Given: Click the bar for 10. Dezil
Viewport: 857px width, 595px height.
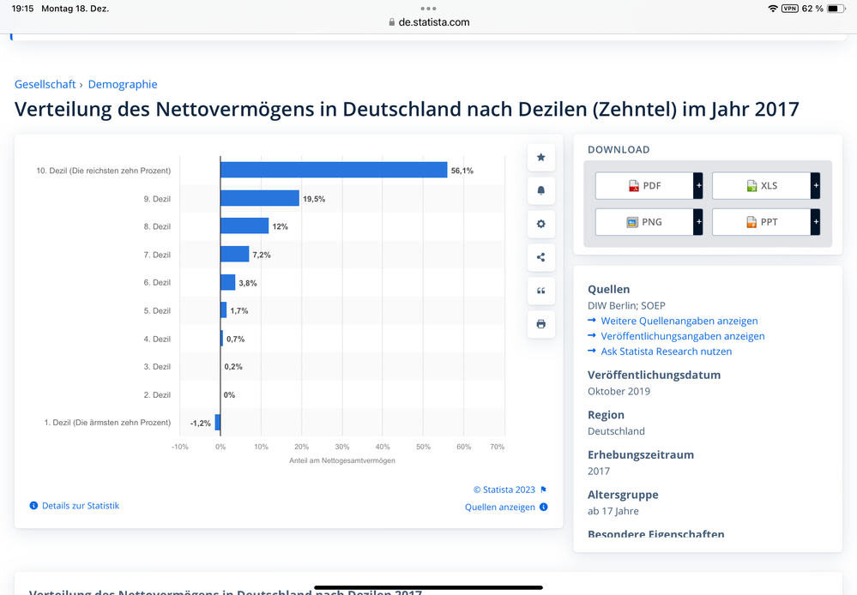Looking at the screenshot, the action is pos(334,170).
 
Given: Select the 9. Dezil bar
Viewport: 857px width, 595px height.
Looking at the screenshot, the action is pos(260,198).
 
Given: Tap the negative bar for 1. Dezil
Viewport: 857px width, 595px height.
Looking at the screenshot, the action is pos(218,423).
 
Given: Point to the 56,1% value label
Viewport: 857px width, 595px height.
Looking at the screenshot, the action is pos(462,171).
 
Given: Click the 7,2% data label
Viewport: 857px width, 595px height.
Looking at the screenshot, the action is pos(262,255).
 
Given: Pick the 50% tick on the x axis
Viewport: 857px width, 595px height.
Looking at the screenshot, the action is pos(423,447).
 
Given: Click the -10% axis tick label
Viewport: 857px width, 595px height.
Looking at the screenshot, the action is pos(180,447).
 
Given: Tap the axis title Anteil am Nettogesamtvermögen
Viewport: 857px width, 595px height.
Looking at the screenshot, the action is pos(342,460).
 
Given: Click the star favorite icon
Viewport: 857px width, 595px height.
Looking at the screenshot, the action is pos(541,158).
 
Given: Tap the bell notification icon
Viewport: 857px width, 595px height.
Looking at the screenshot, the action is pos(541,190).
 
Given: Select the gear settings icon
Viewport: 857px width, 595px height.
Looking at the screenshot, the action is pos(541,224).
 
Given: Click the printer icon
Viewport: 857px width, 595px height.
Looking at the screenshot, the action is pos(541,324).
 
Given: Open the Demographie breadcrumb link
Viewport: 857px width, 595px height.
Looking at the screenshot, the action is pos(123,84).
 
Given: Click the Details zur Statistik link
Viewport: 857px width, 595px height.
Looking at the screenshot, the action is pos(81,506).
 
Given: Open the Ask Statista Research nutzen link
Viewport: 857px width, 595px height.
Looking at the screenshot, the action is pos(667,352).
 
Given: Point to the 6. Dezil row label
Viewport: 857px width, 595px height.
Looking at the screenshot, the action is pos(157,282).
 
